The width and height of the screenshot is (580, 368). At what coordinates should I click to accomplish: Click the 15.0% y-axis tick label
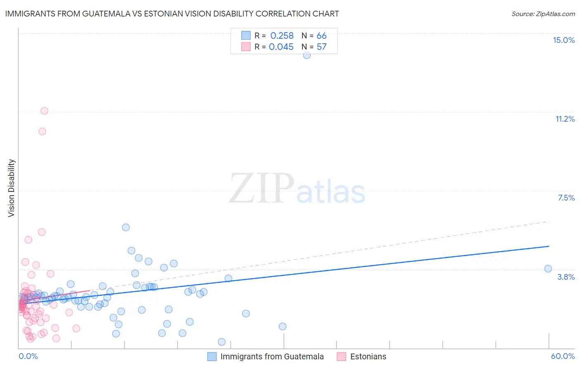coord(563,40)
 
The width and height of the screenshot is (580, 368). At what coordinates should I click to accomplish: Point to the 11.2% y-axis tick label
coord(565,119)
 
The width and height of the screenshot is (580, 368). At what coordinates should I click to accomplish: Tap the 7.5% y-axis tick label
coord(566,198)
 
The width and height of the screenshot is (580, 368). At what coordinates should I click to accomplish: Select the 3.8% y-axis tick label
coord(566,277)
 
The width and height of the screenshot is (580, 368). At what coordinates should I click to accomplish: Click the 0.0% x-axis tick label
coord(28,356)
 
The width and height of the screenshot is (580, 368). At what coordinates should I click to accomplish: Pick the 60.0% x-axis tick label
coord(563,356)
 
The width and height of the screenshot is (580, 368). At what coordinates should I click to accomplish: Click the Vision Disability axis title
coord(12,188)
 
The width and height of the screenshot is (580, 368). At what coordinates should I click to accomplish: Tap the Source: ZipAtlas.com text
coord(543,14)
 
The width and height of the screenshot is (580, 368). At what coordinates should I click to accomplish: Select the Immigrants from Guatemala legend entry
coord(272,356)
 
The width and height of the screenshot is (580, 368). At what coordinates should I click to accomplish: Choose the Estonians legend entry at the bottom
coord(368,356)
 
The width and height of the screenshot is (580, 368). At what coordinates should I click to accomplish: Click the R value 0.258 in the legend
coord(282,36)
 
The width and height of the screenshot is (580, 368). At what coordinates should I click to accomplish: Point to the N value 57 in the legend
coord(321,47)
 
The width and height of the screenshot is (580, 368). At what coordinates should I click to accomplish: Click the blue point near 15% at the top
coord(307,55)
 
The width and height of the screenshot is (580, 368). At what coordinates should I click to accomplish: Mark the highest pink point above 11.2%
coord(44,111)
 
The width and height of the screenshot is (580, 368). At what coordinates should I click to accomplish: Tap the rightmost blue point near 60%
coord(548,269)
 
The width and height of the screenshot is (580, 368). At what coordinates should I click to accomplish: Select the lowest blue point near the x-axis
coord(222,342)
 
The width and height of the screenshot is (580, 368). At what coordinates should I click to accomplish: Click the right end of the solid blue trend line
coord(549,246)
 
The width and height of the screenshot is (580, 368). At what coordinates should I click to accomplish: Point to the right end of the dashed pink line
coord(549,222)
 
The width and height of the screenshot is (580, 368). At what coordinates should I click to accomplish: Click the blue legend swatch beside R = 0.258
coord(246,35)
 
